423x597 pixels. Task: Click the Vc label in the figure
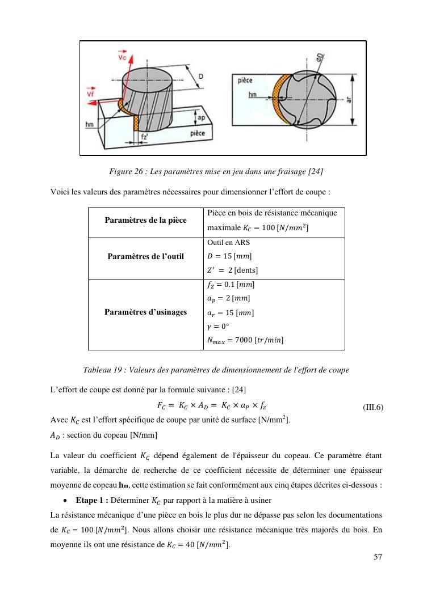coord(122,57)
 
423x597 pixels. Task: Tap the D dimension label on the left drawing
coord(200,77)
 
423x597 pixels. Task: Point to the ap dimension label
coord(200,117)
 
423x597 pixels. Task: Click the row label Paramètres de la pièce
coord(145,221)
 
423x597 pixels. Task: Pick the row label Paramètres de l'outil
coord(145,256)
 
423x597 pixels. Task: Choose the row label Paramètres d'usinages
coord(145,312)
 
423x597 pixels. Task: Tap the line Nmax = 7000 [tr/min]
coord(245,340)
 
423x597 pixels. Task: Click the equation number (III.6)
coord(373,407)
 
